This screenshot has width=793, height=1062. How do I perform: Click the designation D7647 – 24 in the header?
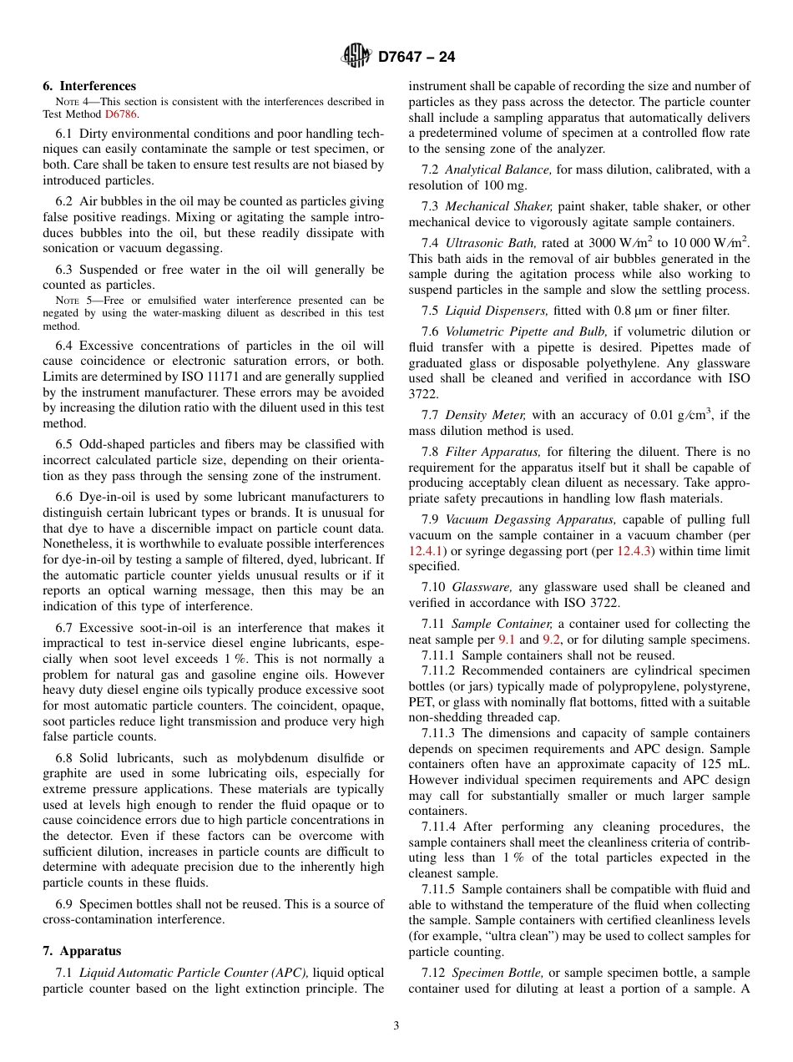[x=417, y=58]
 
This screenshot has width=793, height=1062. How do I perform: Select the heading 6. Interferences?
[x=89, y=86]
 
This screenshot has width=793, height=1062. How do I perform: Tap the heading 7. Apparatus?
[x=82, y=951]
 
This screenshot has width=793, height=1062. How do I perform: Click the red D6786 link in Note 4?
[x=121, y=114]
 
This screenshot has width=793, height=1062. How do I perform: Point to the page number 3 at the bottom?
[x=396, y=1026]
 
